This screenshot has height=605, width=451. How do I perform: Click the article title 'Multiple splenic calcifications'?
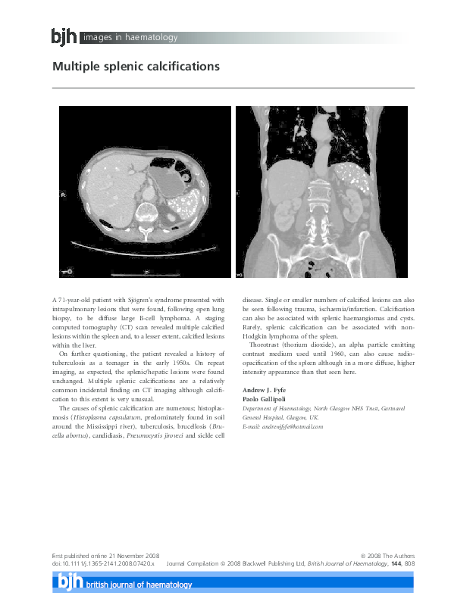(x=136, y=67)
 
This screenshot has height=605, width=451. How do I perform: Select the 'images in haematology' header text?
(x=130, y=37)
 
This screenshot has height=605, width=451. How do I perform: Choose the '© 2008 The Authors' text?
(x=387, y=556)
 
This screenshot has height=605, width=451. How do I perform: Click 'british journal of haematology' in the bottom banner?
(x=139, y=585)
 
